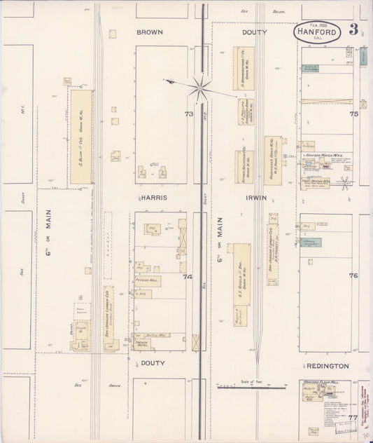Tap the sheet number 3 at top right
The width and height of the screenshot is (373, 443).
[354, 29]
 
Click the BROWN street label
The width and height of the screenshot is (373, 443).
[150, 32]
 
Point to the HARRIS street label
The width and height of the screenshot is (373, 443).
[153, 198]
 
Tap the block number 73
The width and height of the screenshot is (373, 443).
[188, 114]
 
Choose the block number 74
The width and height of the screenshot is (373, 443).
[188, 277]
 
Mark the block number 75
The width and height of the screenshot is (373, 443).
[354, 114]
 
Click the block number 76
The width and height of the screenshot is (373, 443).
[354, 275]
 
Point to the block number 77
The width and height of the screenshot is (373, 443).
[353, 418]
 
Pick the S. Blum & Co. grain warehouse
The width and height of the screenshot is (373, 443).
[81, 137]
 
